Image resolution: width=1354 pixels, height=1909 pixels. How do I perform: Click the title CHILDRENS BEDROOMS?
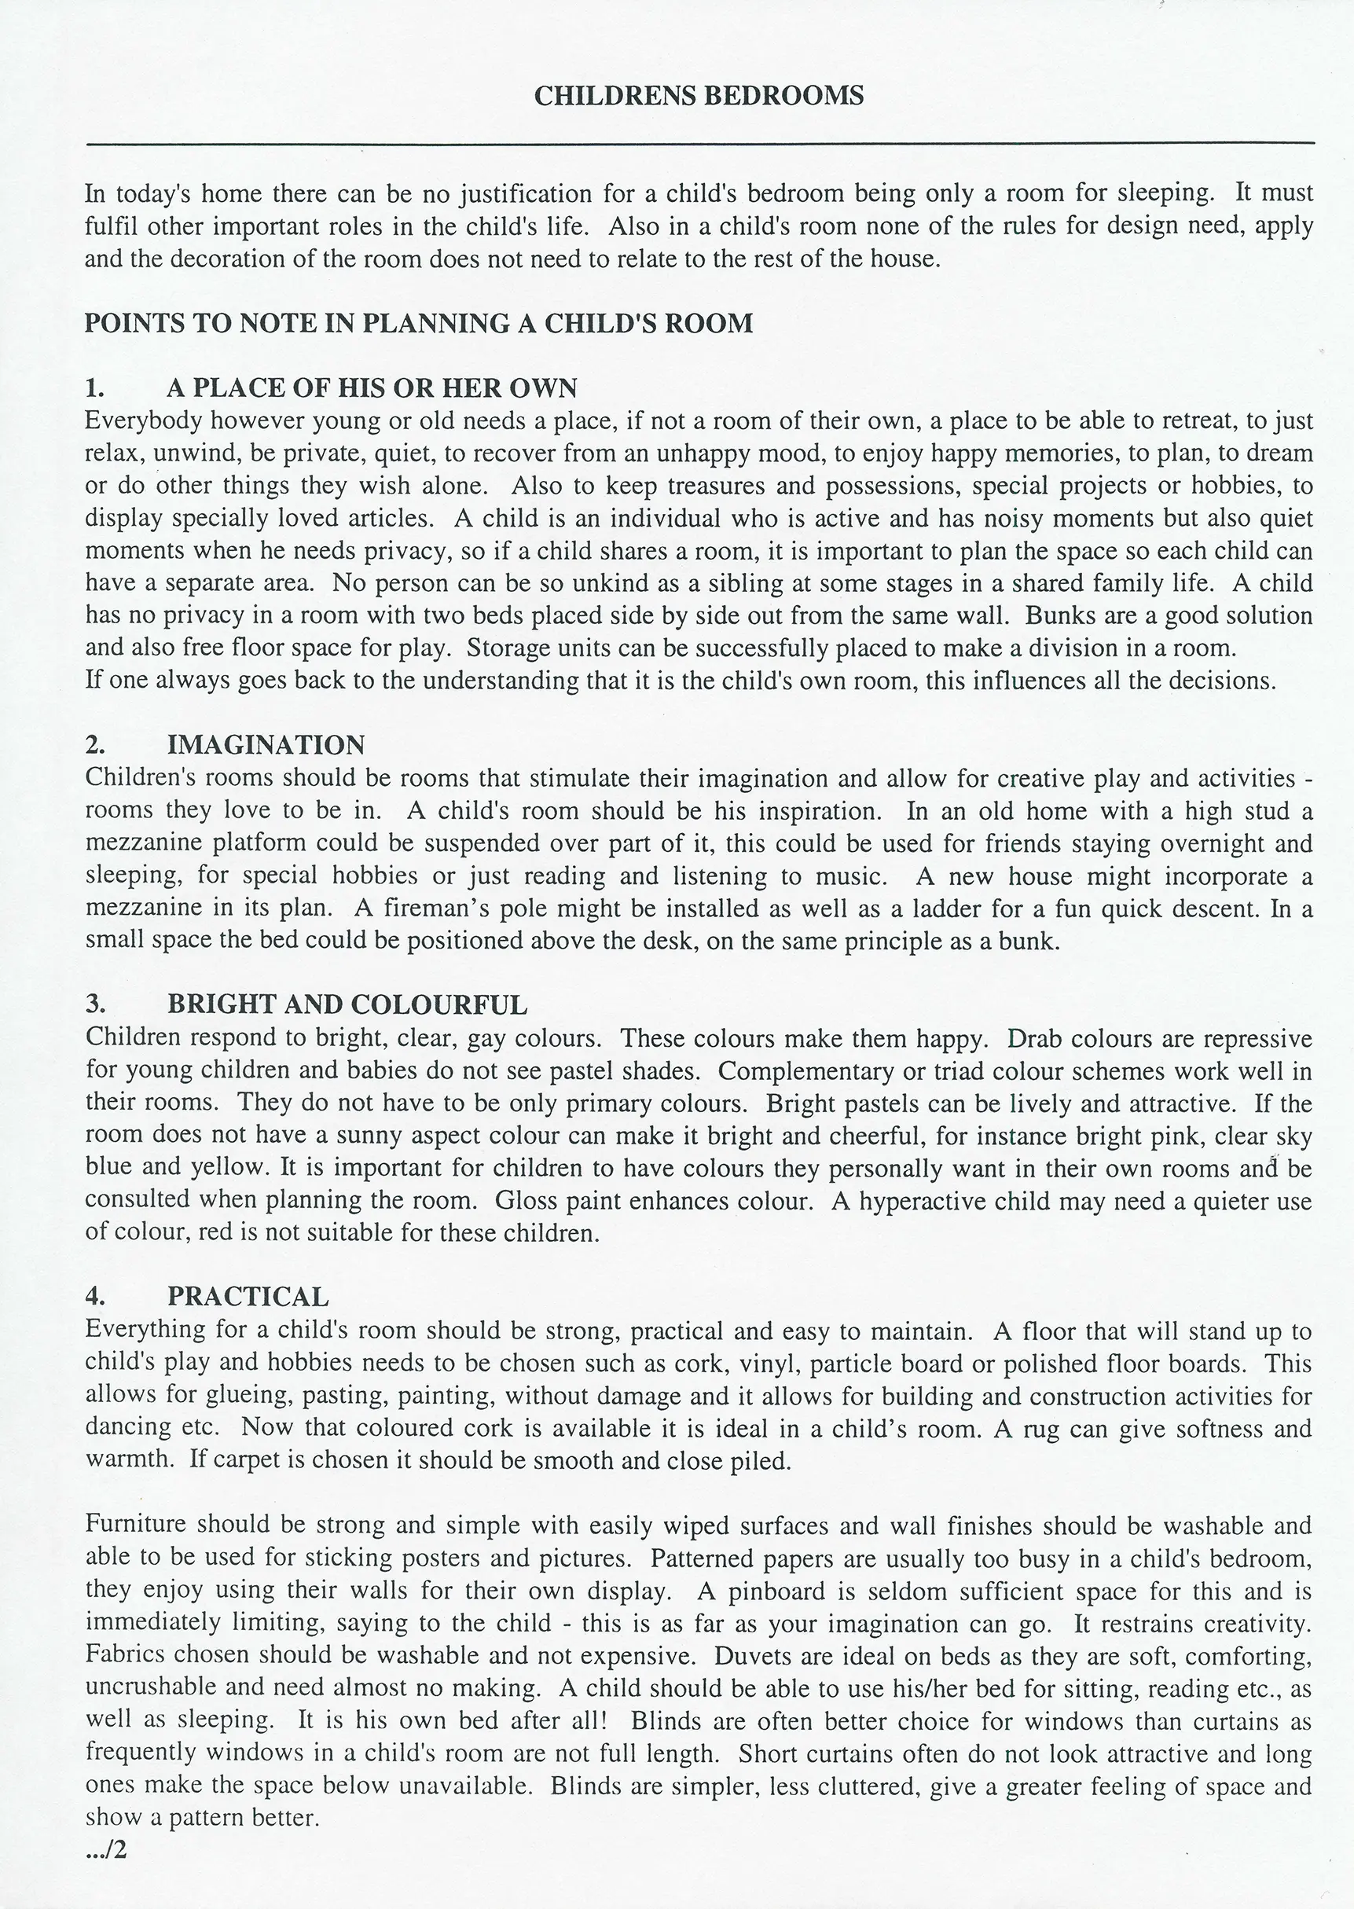(x=698, y=97)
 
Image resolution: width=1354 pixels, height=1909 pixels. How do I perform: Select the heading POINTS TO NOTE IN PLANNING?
(x=419, y=324)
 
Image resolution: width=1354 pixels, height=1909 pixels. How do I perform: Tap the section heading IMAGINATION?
(x=265, y=745)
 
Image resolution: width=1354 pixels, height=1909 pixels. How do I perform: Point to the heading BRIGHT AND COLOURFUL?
(x=347, y=1004)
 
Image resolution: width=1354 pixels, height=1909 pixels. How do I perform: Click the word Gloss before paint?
(x=527, y=1201)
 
